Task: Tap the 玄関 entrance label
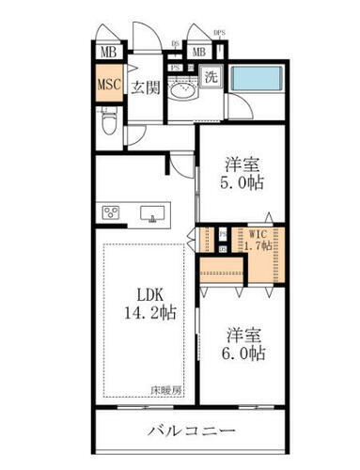coord(145,89)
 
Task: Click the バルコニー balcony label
coord(191,431)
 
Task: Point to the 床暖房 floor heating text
coord(165,387)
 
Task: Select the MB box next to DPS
coord(198,52)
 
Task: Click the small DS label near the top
coord(176,42)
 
